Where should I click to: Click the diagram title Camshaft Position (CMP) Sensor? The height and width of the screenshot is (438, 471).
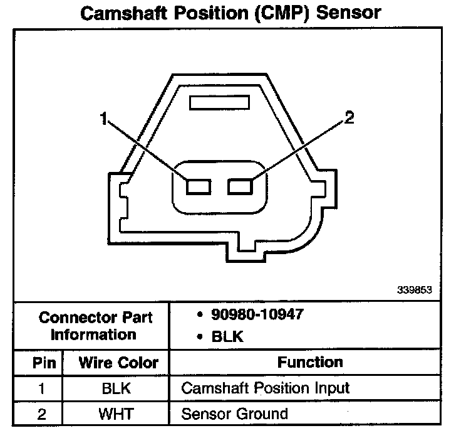tap(230, 13)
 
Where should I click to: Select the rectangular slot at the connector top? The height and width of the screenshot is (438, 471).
tap(220, 102)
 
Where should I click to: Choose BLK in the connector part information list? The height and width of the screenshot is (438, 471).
tap(227, 337)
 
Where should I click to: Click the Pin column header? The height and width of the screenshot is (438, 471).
tap(44, 363)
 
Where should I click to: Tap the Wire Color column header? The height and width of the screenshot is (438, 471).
tap(118, 363)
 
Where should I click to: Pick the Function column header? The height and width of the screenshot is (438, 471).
tap(310, 362)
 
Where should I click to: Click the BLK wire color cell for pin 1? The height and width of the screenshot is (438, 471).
tap(116, 388)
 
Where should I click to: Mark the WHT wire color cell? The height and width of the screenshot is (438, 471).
tap(116, 414)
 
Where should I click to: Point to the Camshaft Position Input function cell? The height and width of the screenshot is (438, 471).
tap(265, 388)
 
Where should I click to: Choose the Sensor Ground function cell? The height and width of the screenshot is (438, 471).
tap(234, 414)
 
